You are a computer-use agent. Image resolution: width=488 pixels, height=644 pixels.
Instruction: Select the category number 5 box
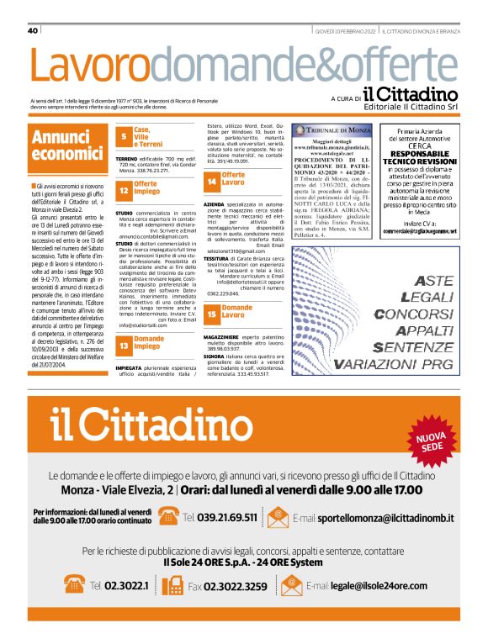pos(123,137)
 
